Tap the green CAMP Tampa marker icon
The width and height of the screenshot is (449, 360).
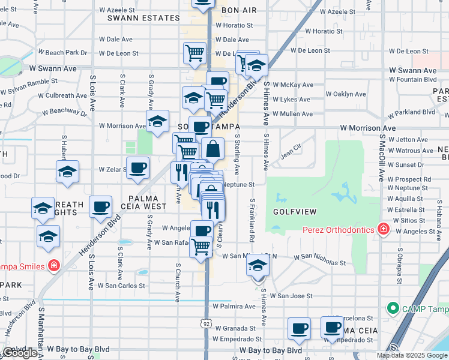coord(393,308)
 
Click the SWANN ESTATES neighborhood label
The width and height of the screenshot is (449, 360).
coord(143,18)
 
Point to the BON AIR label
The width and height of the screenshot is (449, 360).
coord(238,11)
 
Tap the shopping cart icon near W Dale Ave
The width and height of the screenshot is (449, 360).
coord(194,53)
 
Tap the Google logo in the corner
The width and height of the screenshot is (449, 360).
coord(20,353)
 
